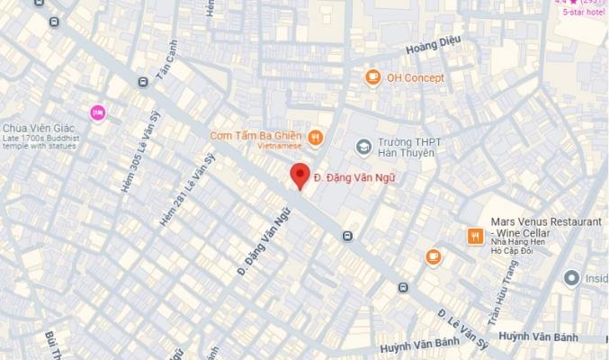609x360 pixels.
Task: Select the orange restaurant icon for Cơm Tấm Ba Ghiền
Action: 315,137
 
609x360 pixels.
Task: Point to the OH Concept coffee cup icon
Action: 372,77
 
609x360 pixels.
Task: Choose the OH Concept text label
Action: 416,78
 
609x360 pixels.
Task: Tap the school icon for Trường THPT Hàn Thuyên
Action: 363,144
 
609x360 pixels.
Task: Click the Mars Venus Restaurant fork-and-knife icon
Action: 475,236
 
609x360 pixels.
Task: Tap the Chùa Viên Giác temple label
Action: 36,128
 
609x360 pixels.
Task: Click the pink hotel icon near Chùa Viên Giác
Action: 98,112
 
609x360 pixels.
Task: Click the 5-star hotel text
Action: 584,13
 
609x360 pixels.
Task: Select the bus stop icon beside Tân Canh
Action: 142,83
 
